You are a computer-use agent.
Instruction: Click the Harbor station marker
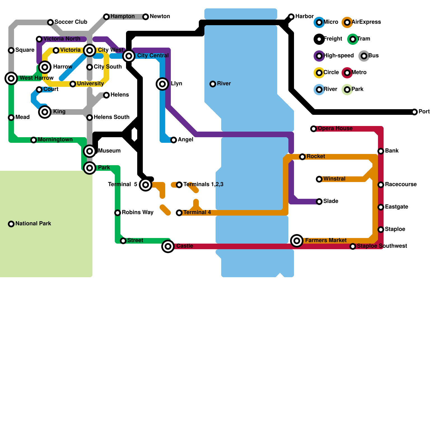pyautogui.click(x=291, y=17)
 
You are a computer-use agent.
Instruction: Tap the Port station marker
pyautogui.click(x=414, y=112)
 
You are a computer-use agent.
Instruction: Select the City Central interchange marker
pyautogui.click(x=129, y=56)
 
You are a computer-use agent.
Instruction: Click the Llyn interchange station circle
pyautogui.click(x=162, y=84)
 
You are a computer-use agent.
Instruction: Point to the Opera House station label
pyautogui.click(x=335, y=129)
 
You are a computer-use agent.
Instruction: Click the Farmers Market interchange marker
pyautogui.click(x=297, y=241)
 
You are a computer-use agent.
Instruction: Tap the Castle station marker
pyautogui.click(x=168, y=246)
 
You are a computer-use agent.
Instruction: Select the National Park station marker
pyautogui.click(x=11, y=224)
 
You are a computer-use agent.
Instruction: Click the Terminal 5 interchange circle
pyautogui.click(x=146, y=185)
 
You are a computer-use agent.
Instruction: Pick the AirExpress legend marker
pyautogui.click(x=347, y=22)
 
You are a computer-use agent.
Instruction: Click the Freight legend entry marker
pyautogui.click(x=319, y=39)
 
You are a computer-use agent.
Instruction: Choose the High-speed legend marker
pyautogui.click(x=319, y=56)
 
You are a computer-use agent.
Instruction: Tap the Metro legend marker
pyautogui.click(x=347, y=73)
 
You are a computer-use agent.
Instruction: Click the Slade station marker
pyautogui.click(x=319, y=202)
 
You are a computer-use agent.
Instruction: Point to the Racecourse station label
pyautogui.click(x=401, y=185)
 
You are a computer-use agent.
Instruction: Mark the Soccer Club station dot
pyautogui.click(x=50, y=22)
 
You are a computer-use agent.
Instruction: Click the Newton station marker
pyautogui.click(x=146, y=17)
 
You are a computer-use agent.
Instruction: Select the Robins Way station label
pyautogui.click(x=137, y=213)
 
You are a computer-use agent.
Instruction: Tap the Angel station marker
pyautogui.click(x=174, y=140)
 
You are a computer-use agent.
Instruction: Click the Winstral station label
pyautogui.click(x=334, y=179)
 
